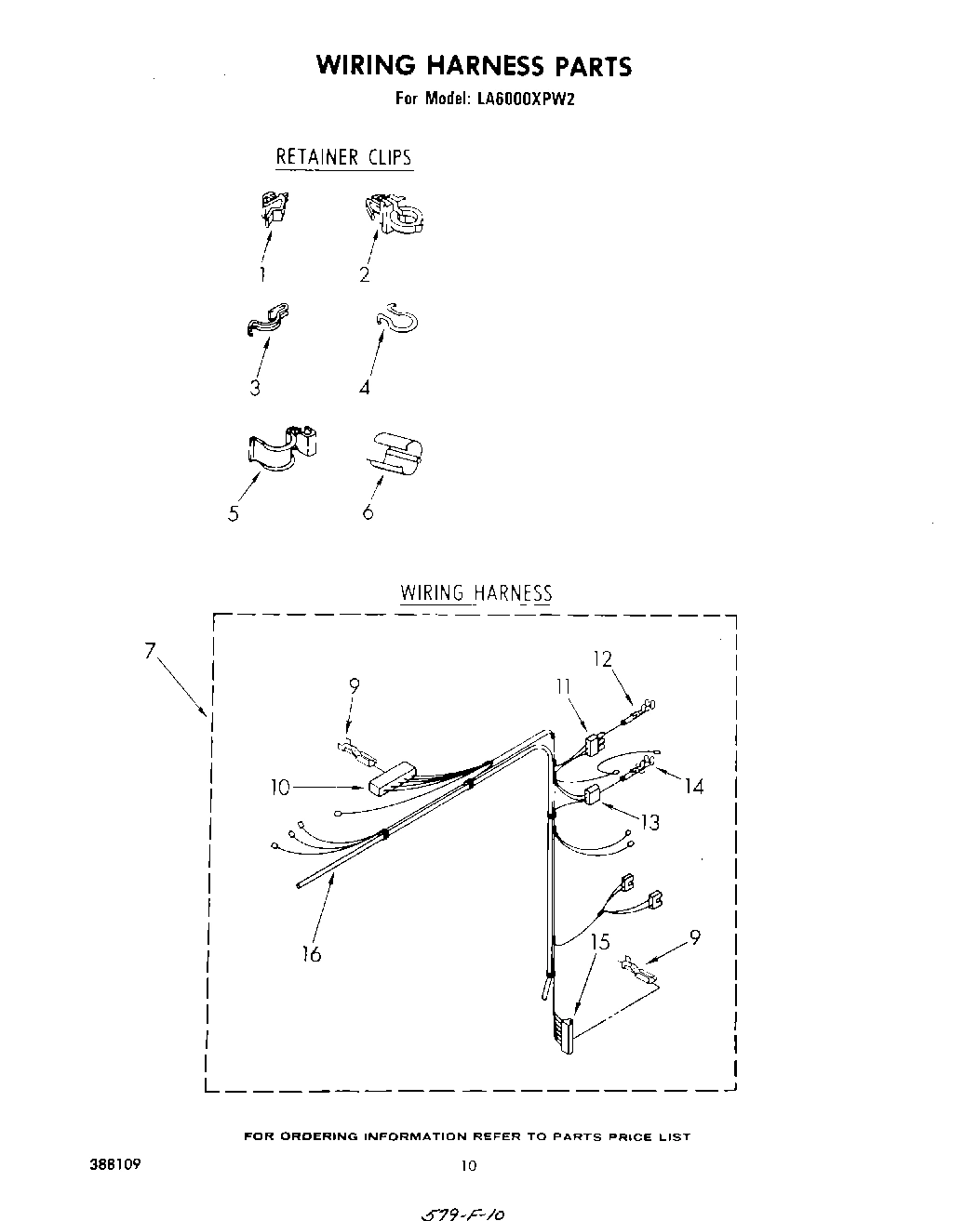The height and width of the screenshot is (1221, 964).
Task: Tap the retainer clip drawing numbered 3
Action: (x=268, y=318)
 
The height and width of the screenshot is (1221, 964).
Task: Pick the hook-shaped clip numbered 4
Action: (x=397, y=320)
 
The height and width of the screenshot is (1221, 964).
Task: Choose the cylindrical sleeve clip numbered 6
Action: (x=395, y=453)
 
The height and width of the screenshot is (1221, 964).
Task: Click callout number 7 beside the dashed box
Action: (x=150, y=651)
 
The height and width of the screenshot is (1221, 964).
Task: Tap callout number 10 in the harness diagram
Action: (x=280, y=788)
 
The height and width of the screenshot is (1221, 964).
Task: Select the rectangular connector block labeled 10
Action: (x=394, y=778)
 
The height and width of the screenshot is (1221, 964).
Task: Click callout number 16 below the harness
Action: (x=312, y=953)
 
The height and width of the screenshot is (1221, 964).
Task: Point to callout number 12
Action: (x=602, y=658)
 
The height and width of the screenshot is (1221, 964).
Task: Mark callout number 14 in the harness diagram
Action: (x=693, y=787)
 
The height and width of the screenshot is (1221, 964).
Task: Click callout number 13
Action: (x=650, y=821)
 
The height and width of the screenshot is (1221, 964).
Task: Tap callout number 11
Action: (x=563, y=686)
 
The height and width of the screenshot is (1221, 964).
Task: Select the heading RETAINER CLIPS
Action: (x=343, y=156)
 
